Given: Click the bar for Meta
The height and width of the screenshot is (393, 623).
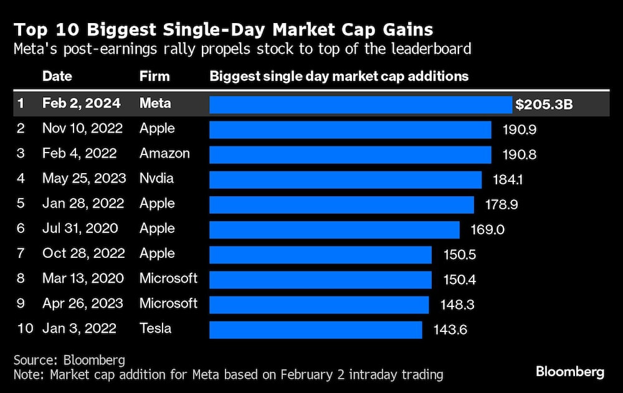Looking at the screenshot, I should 360,104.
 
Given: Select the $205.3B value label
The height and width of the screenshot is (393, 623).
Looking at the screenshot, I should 544,105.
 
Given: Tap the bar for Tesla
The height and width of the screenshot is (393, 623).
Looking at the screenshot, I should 315,329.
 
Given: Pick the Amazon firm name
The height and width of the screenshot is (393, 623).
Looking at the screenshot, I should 164,154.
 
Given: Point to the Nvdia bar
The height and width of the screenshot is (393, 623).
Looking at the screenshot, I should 345,179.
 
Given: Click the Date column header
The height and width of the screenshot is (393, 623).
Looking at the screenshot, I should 57,77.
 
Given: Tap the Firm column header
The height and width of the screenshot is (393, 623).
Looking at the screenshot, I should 155,77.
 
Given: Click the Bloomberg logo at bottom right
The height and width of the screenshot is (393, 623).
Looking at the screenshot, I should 569,372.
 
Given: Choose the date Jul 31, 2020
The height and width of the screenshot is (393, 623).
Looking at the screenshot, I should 80,229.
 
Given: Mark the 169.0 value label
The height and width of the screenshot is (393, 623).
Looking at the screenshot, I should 487,229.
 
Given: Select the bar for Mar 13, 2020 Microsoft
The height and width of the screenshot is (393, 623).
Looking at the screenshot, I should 320,279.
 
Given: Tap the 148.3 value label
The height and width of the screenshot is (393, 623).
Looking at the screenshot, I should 456,304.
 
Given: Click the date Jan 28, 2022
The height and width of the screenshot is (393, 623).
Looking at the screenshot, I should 83,204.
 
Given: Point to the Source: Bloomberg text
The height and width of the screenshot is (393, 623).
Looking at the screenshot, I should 69,360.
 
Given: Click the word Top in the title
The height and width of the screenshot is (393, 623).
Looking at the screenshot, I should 30,29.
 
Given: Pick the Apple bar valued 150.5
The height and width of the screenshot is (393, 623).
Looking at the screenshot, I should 320,254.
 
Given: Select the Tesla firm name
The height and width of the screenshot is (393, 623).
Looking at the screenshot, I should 155,328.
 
